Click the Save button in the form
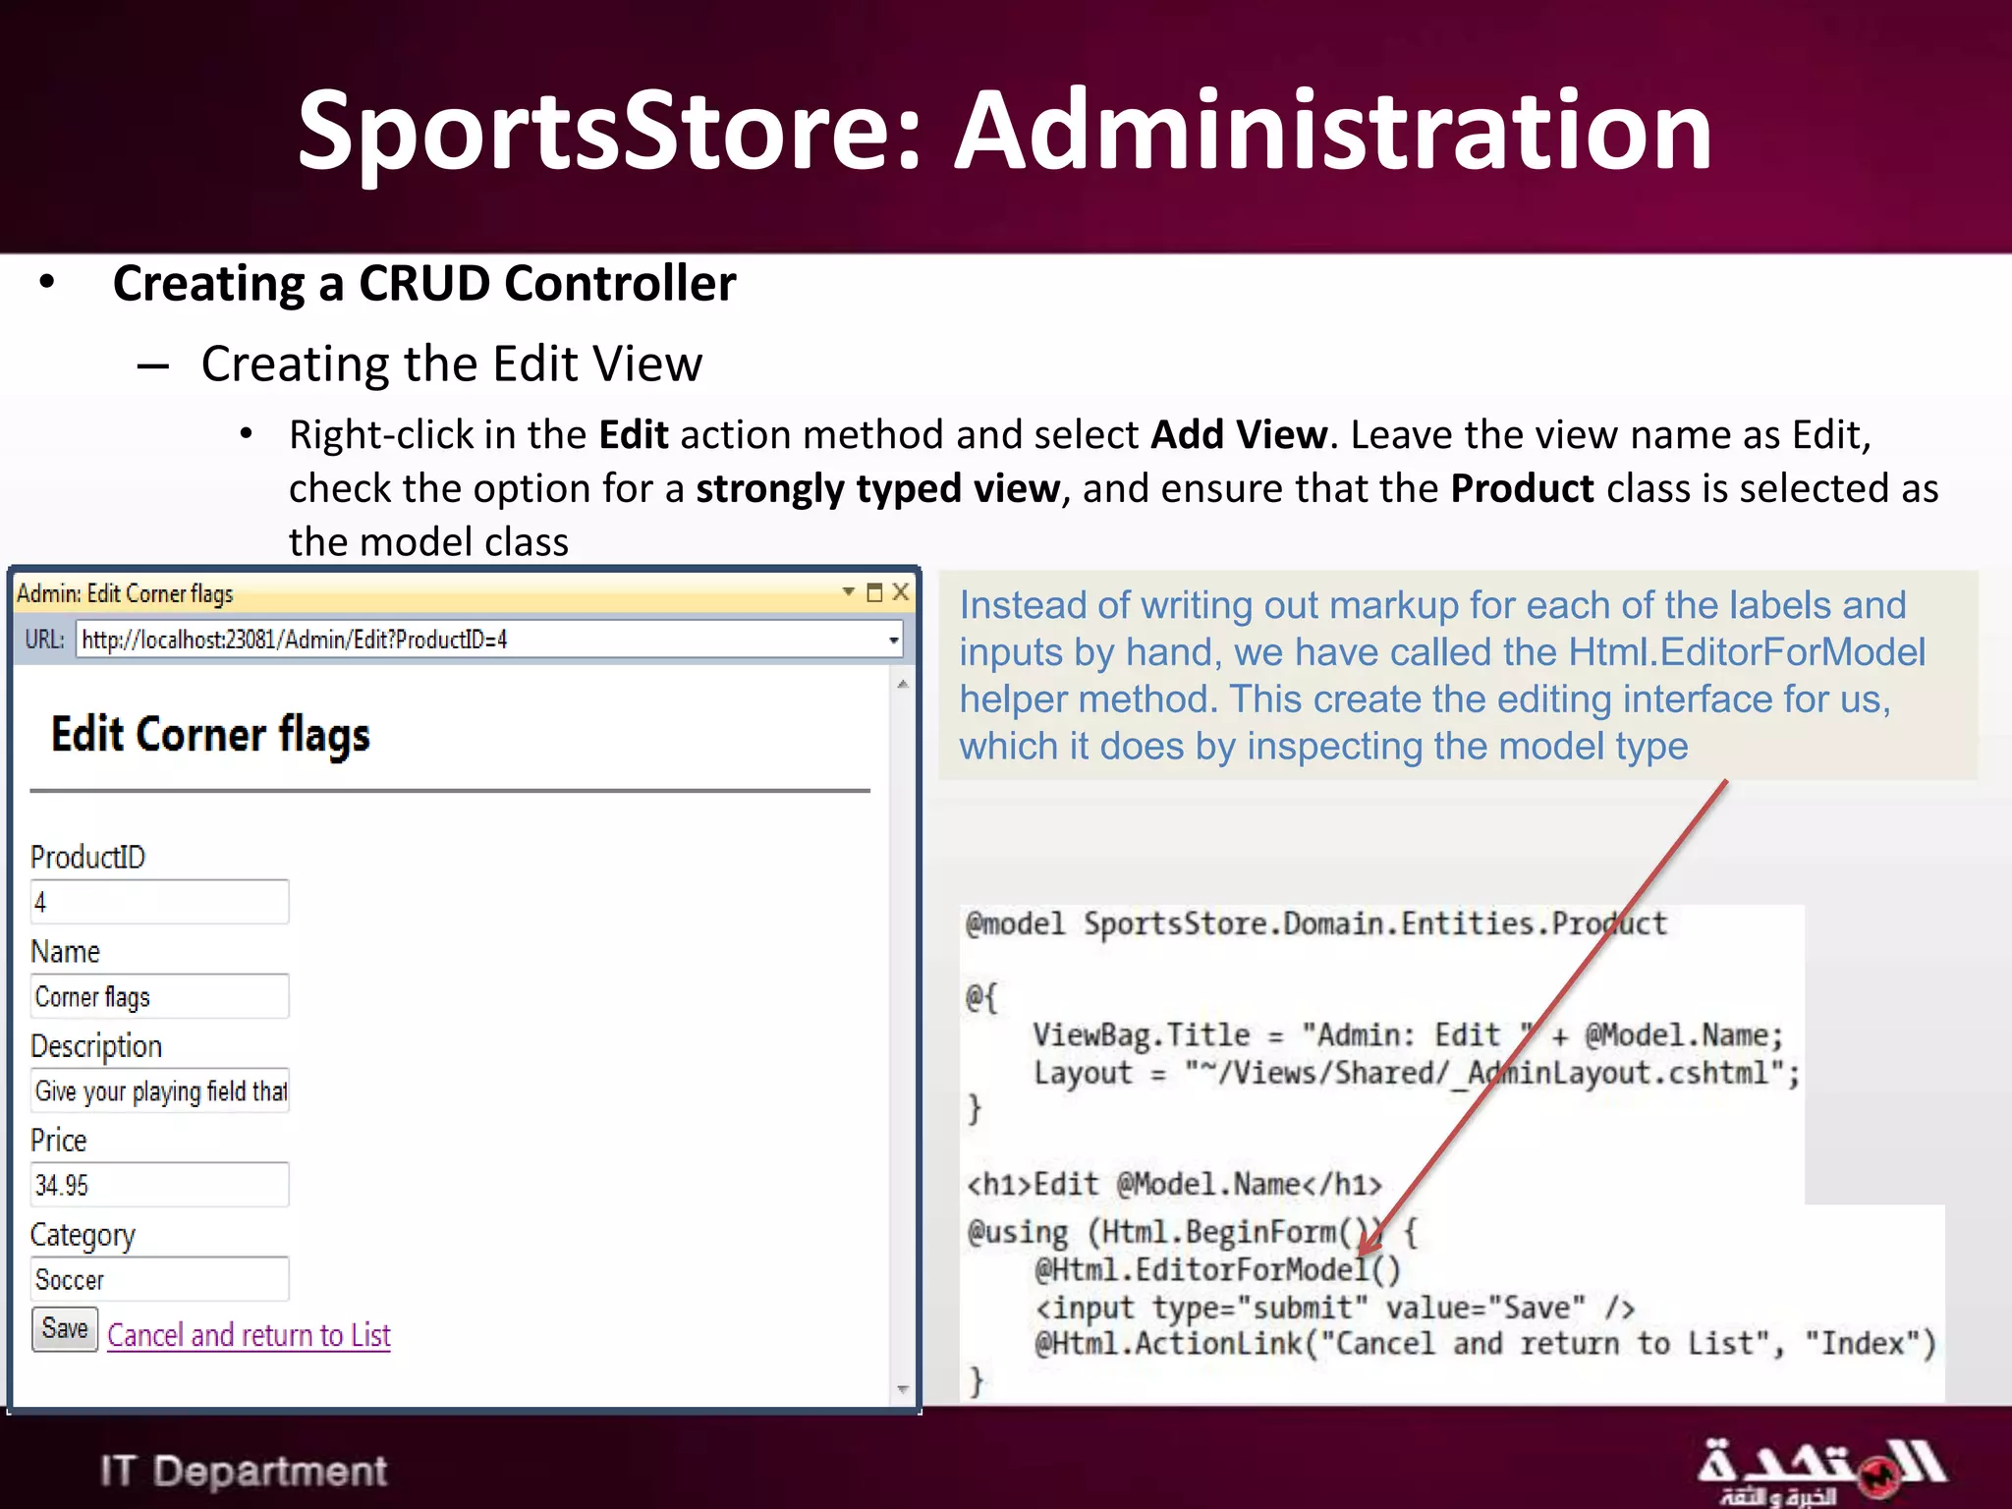[x=65, y=1329]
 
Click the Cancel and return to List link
[x=249, y=1335]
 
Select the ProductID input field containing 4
[x=159, y=902]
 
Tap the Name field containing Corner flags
[x=159, y=996]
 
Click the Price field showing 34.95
[x=159, y=1185]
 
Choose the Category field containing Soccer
[x=159, y=1279]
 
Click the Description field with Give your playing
[x=159, y=1090]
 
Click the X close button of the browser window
[x=900, y=592]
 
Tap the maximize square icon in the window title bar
[x=874, y=592]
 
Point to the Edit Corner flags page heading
[x=210, y=735]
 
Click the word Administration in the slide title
[x=1334, y=131]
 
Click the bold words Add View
[x=1238, y=434]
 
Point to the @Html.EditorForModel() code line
[x=1217, y=1270]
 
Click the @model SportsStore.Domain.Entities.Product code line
[x=1316, y=924]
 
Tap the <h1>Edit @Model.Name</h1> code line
[x=1174, y=1185]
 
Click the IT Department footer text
[x=244, y=1471]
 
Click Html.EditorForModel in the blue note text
[x=1747, y=652]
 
